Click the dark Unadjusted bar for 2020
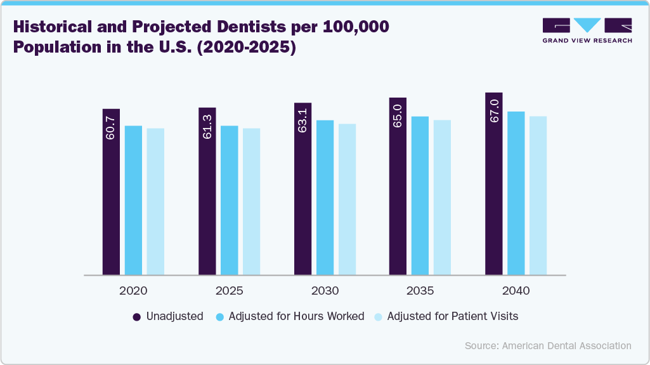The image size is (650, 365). pos(111,203)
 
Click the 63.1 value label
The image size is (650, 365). pos(302,121)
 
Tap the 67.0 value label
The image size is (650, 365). pos(494,111)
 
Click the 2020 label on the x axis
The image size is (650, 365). pos(133,291)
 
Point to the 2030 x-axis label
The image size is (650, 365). pos(325,291)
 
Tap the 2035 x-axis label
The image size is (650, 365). pos(420,291)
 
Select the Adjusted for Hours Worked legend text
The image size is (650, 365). pos(296,316)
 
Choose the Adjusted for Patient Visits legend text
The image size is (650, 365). pos(453,316)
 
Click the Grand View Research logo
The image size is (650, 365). pos(587,30)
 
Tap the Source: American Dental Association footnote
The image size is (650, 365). pos(548,346)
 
